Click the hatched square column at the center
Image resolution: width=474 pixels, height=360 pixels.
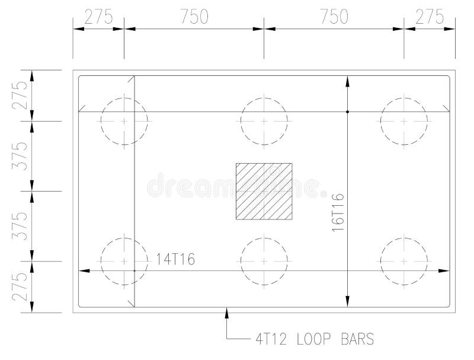point(264,191)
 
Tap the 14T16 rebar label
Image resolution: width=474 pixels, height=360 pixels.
point(176,259)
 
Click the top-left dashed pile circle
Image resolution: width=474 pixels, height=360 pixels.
point(124,121)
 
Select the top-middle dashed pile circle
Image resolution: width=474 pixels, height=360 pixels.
point(264,121)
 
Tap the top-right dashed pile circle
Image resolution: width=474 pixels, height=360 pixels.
point(404,121)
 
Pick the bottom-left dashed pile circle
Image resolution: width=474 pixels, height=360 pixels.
point(124,261)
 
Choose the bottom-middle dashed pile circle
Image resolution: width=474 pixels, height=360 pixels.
point(264,261)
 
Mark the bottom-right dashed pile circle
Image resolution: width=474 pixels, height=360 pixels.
point(404,261)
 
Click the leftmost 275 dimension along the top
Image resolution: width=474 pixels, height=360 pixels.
point(98,17)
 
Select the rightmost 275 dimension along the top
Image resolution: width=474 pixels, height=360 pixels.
point(430,17)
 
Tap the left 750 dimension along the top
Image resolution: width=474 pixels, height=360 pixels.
point(194,17)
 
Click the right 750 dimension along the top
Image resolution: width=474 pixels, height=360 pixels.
point(334,17)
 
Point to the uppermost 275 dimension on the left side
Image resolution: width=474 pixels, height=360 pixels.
point(21,95)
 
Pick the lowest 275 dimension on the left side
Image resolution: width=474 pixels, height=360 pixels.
point(21,286)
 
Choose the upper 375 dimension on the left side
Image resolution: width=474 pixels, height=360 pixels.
point(21,156)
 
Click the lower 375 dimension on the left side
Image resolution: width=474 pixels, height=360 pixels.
point(21,226)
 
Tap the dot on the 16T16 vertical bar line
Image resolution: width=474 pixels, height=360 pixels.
point(348,111)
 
